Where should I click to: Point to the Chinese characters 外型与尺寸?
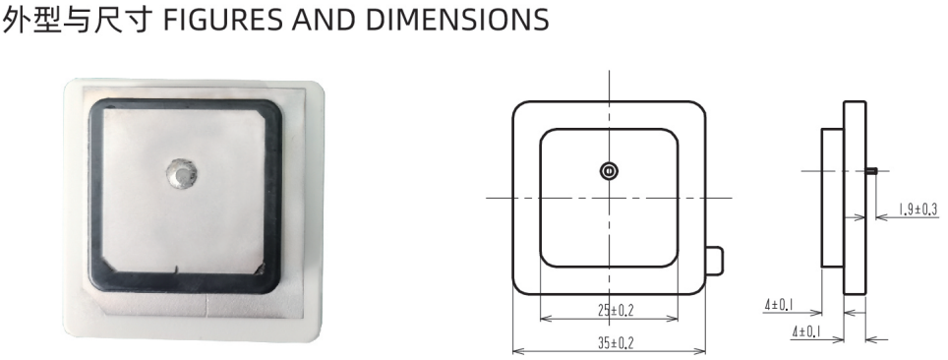[77, 19]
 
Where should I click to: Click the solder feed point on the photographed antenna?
[181, 174]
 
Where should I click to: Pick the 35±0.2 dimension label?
[616, 343]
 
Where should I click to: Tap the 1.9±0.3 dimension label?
[918, 210]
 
